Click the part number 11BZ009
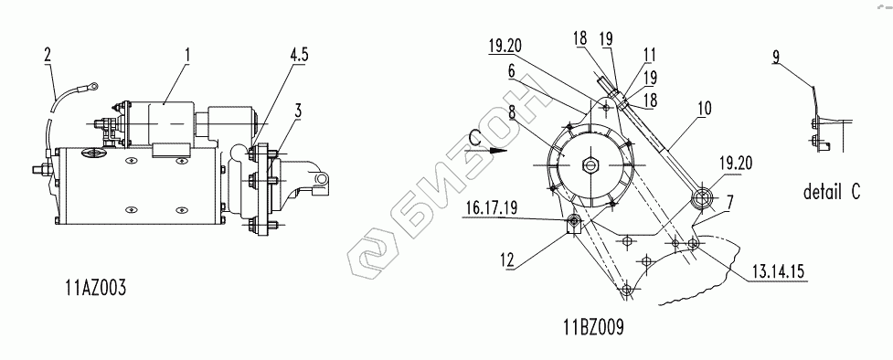pyautogui.click(x=594, y=327)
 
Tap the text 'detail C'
pyautogui.click(x=832, y=192)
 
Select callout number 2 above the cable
pyautogui.click(x=48, y=55)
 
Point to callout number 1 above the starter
pyautogui.click(x=186, y=55)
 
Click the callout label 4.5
pyautogui.click(x=299, y=55)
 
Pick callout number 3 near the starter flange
pyautogui.click(x=297, y=111)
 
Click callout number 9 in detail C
pyautogui.click(x=776, y=57)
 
